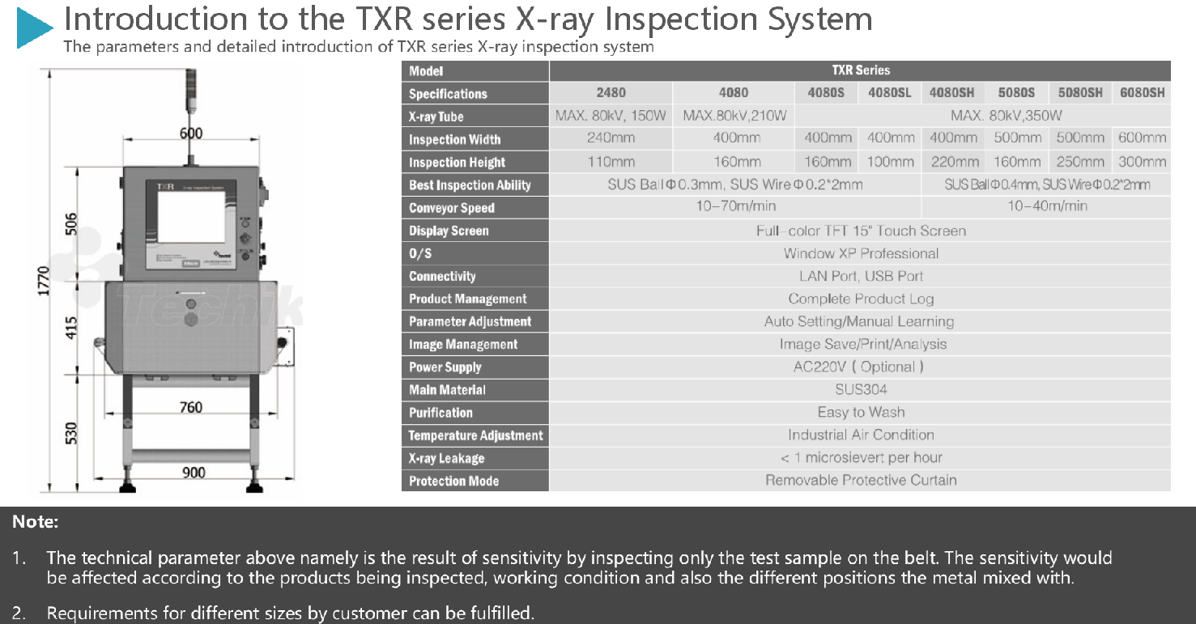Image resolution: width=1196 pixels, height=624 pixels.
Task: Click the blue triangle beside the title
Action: tap(32, 28)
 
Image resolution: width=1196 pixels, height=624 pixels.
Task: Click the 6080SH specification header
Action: tap(1142, 93)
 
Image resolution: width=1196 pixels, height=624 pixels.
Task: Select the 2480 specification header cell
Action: tap(611, 93)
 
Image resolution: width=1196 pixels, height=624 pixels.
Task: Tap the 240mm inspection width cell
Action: tap(611, 138)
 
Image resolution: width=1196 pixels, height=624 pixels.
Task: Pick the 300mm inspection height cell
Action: tap(1142, 162)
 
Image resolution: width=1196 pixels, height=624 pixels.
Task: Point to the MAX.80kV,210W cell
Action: tap(734, 115)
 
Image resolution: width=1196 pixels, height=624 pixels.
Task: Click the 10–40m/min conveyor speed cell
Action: tap(1047, 206)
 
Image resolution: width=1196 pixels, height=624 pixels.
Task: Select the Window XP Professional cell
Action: tap(861, 253)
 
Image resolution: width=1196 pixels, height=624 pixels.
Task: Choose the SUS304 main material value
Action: tap(861, 389)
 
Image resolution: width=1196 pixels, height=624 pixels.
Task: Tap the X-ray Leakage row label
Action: tap(447, 459)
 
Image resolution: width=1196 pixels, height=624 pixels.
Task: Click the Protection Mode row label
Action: tap(453, 481)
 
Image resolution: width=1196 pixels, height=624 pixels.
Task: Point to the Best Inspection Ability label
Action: tap(470, 185)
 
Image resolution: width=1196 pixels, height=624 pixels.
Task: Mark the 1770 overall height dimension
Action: tap(43, 281)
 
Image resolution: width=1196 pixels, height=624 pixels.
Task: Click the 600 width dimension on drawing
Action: tap(191, 133)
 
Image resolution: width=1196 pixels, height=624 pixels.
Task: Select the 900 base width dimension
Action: tap(194, 473)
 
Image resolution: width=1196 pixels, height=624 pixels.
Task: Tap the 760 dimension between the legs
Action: tap(191, 407)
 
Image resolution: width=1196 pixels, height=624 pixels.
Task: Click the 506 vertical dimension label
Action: tap(71, 224)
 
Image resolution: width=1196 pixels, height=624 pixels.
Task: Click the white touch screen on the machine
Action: tap(192, 217)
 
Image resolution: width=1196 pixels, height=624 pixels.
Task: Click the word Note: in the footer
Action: tap(36, 521)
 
